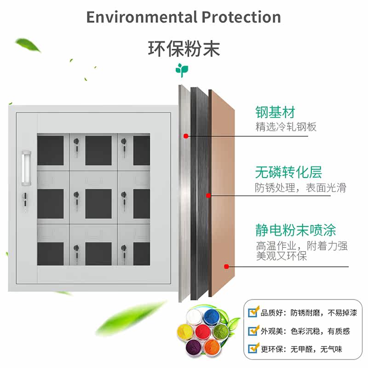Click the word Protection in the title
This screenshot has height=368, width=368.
click(x=241, y=17)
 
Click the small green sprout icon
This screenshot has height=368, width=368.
click(x=182, y=70)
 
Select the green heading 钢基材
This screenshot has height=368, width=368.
click(x=275, y=112)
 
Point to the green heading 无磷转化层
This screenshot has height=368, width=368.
click(x=288, y=173)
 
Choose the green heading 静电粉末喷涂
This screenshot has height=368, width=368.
click(x=296, y=230)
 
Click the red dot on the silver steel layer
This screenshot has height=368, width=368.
click(x=185, y=136)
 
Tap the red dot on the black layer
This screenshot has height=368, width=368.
click(x=208, y=195)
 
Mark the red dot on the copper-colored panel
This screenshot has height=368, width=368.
click(x=226, y=266)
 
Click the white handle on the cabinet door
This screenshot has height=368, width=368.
click(x=26, y=167)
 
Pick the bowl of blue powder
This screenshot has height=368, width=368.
click(x=212, y=316)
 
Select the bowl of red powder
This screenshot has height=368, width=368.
click(x=202, y=332)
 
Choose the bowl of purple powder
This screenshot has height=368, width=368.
click(x=193, y=346)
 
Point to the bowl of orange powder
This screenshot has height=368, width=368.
click(x=212, y=346)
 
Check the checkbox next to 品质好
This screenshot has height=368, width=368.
click(x=253, y=313)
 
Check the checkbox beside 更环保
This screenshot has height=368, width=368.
click(x=253, y=349)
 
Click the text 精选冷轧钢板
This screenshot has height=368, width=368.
click(x=286, y=126)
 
